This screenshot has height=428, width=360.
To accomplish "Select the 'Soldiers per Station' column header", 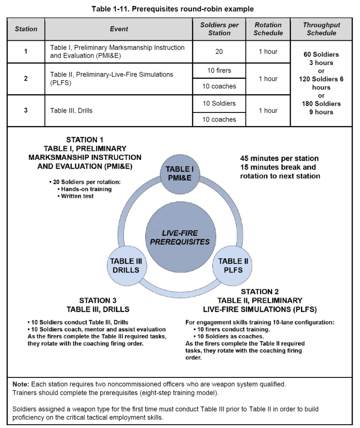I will (x=219, y=29).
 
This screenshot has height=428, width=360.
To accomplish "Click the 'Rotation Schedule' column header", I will (x=268, y=29).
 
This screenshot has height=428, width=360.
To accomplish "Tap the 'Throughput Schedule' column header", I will (x=321, y=29).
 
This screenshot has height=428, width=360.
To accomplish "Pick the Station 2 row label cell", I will (x=26, y=78).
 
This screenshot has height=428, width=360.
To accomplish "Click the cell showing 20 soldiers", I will (x=219, y=52).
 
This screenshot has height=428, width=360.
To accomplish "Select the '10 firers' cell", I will (x=219, y=70).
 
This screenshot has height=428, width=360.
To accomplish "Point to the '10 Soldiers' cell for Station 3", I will (x=219, y=103).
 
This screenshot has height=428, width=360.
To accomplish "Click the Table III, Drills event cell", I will (x=72, y=111).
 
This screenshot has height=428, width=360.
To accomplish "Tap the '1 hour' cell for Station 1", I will (x=268, y=52).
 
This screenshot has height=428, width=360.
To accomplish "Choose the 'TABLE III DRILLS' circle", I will (x=126, y=265).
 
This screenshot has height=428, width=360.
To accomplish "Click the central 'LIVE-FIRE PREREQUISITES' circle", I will (x=180, y=237).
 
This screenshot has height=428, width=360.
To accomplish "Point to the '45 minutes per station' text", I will (x=279, y=158).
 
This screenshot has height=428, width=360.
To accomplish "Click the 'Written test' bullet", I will (x=77, y=196).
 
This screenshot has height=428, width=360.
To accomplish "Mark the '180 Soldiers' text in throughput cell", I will (x=321, y=104).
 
